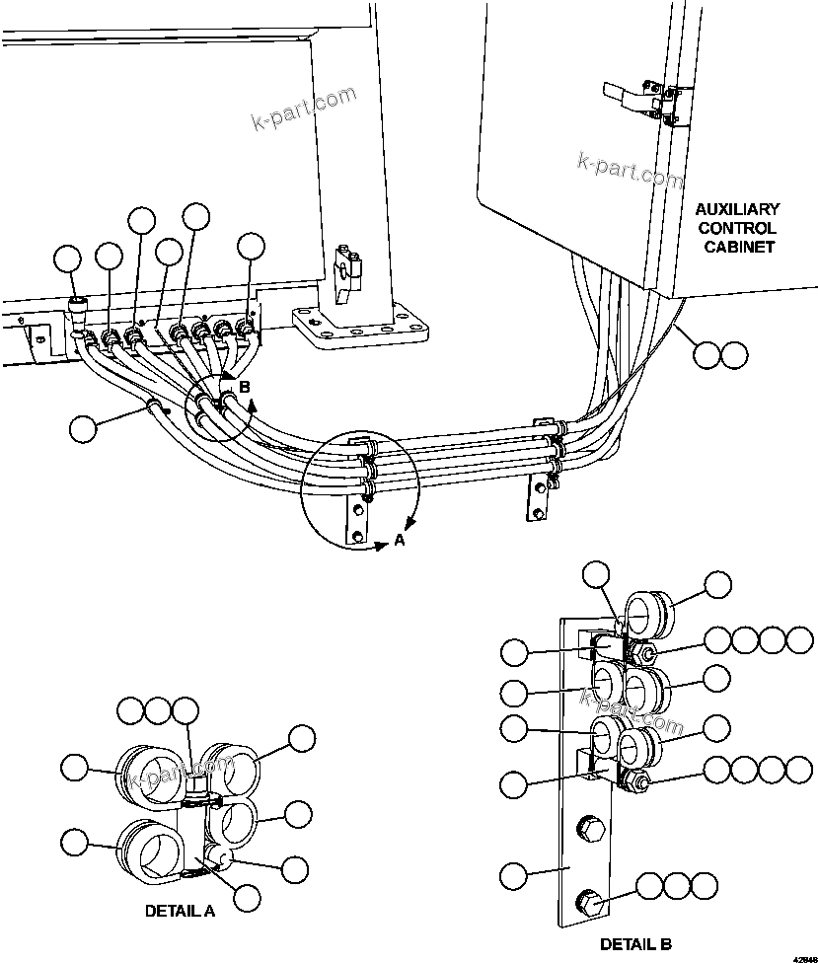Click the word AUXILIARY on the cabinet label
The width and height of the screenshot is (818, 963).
click(737, 209)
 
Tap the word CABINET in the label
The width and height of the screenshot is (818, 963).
click(738, 247)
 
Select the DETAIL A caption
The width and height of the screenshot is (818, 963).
click(180, 911)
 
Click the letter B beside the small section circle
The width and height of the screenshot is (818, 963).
click(245, 388)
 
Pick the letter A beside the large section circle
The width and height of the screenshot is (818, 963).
click(400, 540)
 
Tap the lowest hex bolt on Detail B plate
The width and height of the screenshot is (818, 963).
click(589, 899)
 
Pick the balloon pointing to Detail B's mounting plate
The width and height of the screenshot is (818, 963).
click(514, 873)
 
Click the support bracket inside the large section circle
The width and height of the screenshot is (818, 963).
click(356, 515)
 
